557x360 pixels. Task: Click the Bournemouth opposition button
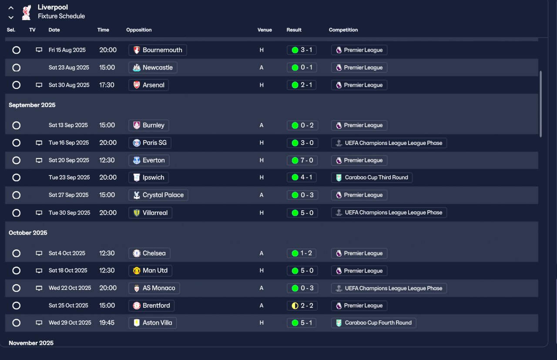158,50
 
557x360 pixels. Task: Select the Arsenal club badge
137,85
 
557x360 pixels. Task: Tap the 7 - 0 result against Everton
302,160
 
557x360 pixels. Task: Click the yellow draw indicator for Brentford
295,306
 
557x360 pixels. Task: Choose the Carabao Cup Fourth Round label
373,323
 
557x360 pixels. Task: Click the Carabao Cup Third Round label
372,177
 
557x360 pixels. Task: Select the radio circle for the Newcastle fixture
17,67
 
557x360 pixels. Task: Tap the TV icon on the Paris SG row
39,143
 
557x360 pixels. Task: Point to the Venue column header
265,30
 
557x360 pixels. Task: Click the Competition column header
343,30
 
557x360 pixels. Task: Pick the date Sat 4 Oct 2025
67,253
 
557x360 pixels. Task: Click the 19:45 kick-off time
107,323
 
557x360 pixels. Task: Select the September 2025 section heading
32,105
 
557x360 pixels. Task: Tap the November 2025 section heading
31,343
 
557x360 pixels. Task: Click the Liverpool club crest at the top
26,12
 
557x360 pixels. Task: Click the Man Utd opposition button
150,270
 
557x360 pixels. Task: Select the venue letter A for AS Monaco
262,288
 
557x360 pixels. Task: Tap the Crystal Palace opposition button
158,195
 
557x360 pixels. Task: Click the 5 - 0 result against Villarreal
302,213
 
